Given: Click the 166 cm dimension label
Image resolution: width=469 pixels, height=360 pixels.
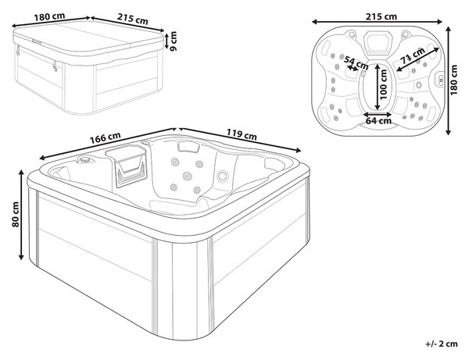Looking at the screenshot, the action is pos(106,137).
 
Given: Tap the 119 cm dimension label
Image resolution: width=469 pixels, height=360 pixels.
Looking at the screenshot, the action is pos(242,134).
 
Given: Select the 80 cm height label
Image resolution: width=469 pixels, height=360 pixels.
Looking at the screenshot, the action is pos(16,214).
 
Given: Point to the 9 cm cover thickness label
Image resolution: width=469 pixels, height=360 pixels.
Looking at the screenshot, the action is pos(173,41).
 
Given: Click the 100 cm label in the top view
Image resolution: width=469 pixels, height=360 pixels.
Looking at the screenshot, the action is pos(383,84).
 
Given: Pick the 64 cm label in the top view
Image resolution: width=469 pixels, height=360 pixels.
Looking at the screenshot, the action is pos(378,121).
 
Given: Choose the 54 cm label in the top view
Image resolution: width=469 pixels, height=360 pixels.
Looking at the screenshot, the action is pos(356,61).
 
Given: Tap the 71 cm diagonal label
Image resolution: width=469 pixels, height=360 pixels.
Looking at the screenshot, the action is pos(412,55).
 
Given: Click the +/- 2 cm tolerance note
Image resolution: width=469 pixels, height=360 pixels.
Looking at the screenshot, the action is pos(442,344).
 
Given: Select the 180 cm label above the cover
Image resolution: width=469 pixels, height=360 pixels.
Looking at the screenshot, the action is pos(49,16).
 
